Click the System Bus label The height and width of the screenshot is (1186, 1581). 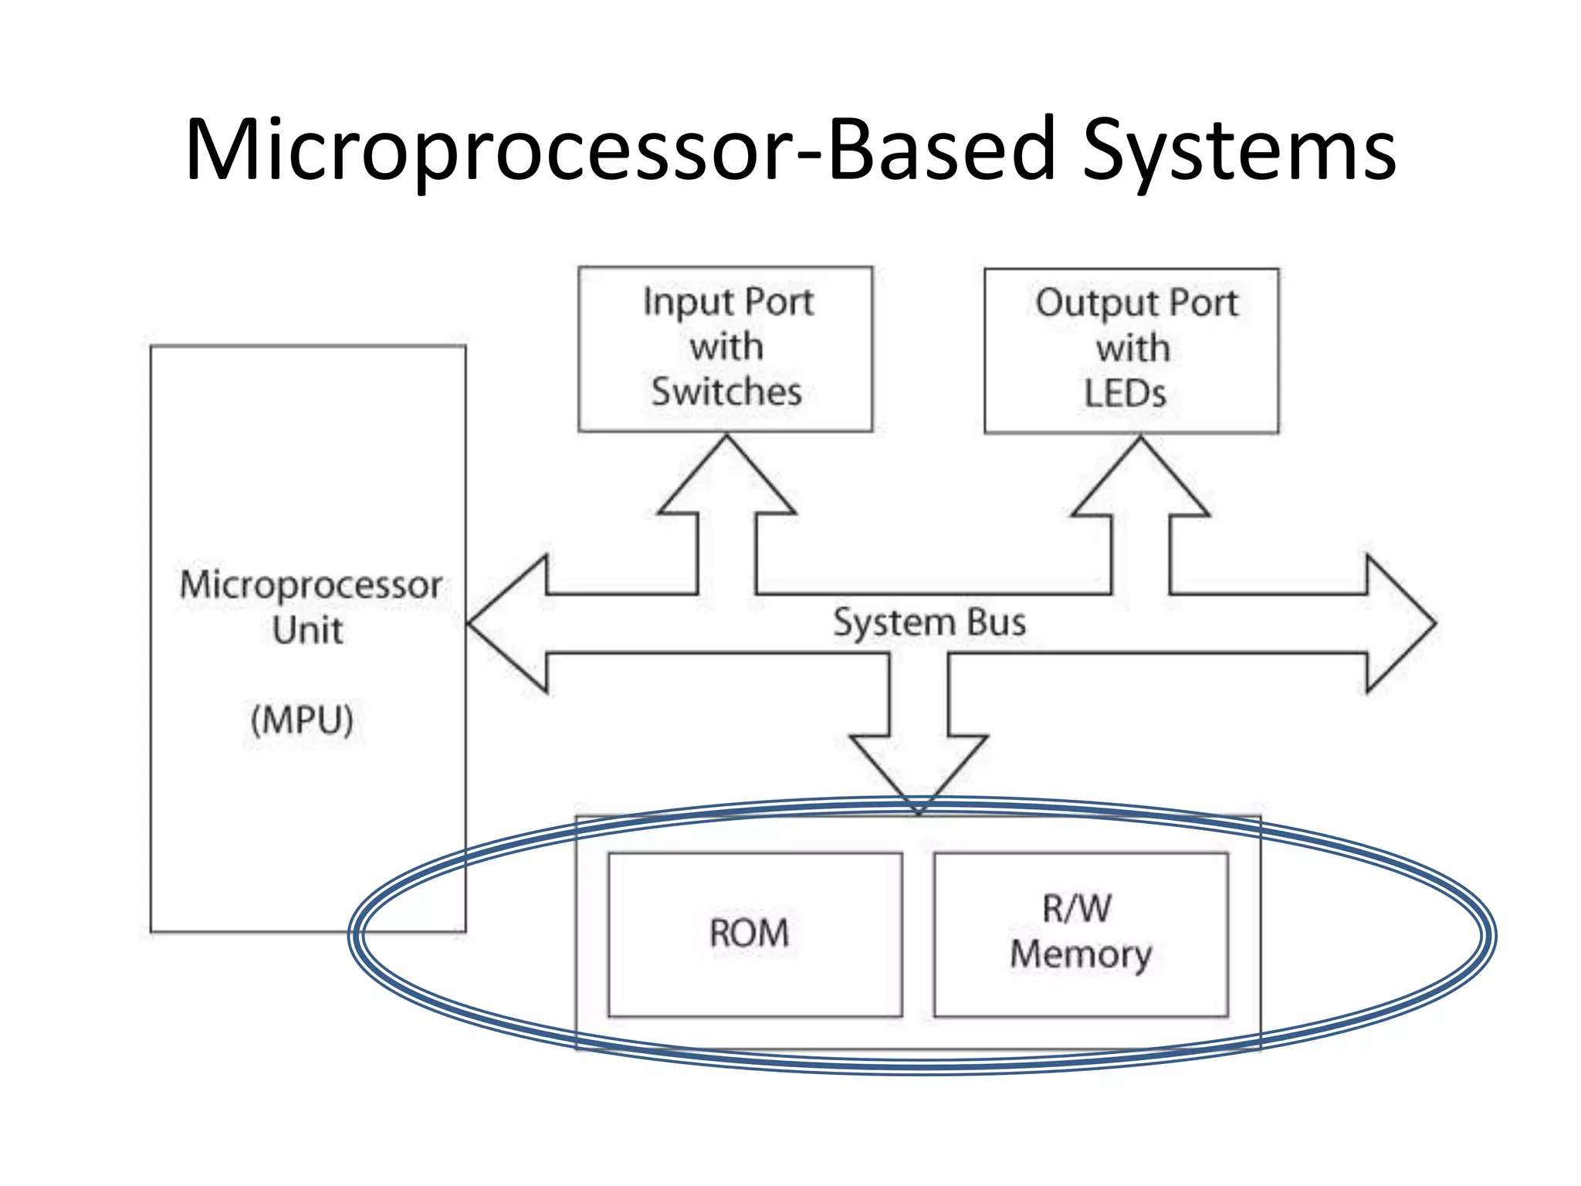click(929, 622)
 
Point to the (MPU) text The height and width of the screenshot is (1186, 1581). click(302, 720)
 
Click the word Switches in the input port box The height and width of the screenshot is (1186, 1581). click(726, 391)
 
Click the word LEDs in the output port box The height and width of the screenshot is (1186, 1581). click(1125, 394)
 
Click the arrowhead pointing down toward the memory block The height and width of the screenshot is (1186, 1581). click(919, 768)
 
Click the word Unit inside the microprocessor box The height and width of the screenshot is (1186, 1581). click(307, 631)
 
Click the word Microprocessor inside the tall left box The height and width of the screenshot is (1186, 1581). click(310, 585)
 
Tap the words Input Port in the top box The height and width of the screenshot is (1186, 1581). click(728, 302)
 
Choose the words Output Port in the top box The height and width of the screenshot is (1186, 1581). click(1136, 303)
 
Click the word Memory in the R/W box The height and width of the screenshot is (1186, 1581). click(1081, 955)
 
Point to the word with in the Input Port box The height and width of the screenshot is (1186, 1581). click(726, 347)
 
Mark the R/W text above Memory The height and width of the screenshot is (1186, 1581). click(1077, 909)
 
